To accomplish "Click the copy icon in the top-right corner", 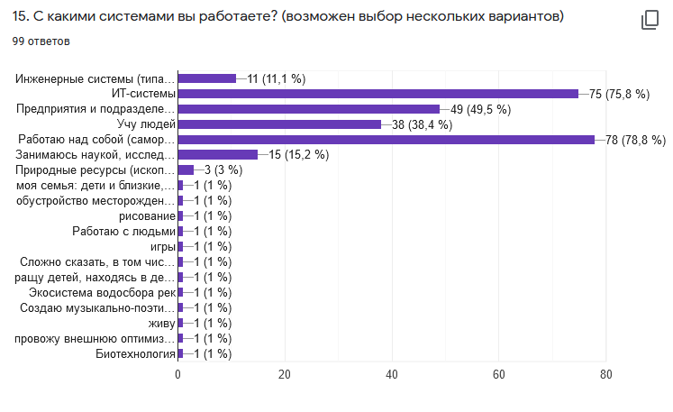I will click(x=650, y=21).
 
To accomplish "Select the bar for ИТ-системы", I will click(x=377, y=94).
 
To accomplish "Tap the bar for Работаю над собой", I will click(x=386, y=140).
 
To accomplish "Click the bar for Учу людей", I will click(x=279, y=124).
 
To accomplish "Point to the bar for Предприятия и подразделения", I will click(x=308, y=109).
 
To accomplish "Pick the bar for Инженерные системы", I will click(x=207, y=78).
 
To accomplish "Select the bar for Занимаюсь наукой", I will click(x=218, y=155).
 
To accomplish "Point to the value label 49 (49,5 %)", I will click(x=481, y=109).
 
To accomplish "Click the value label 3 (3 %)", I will click(x=220, y=170).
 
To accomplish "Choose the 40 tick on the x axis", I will click(x=392, y=374).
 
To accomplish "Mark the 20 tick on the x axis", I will click(x=285, y=374).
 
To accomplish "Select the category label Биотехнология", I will click(x=135, y=353).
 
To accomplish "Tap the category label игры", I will click(x=162, y=246).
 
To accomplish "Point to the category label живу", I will click(x=161, y=323).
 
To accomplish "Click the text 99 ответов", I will click(x=41, y=41).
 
